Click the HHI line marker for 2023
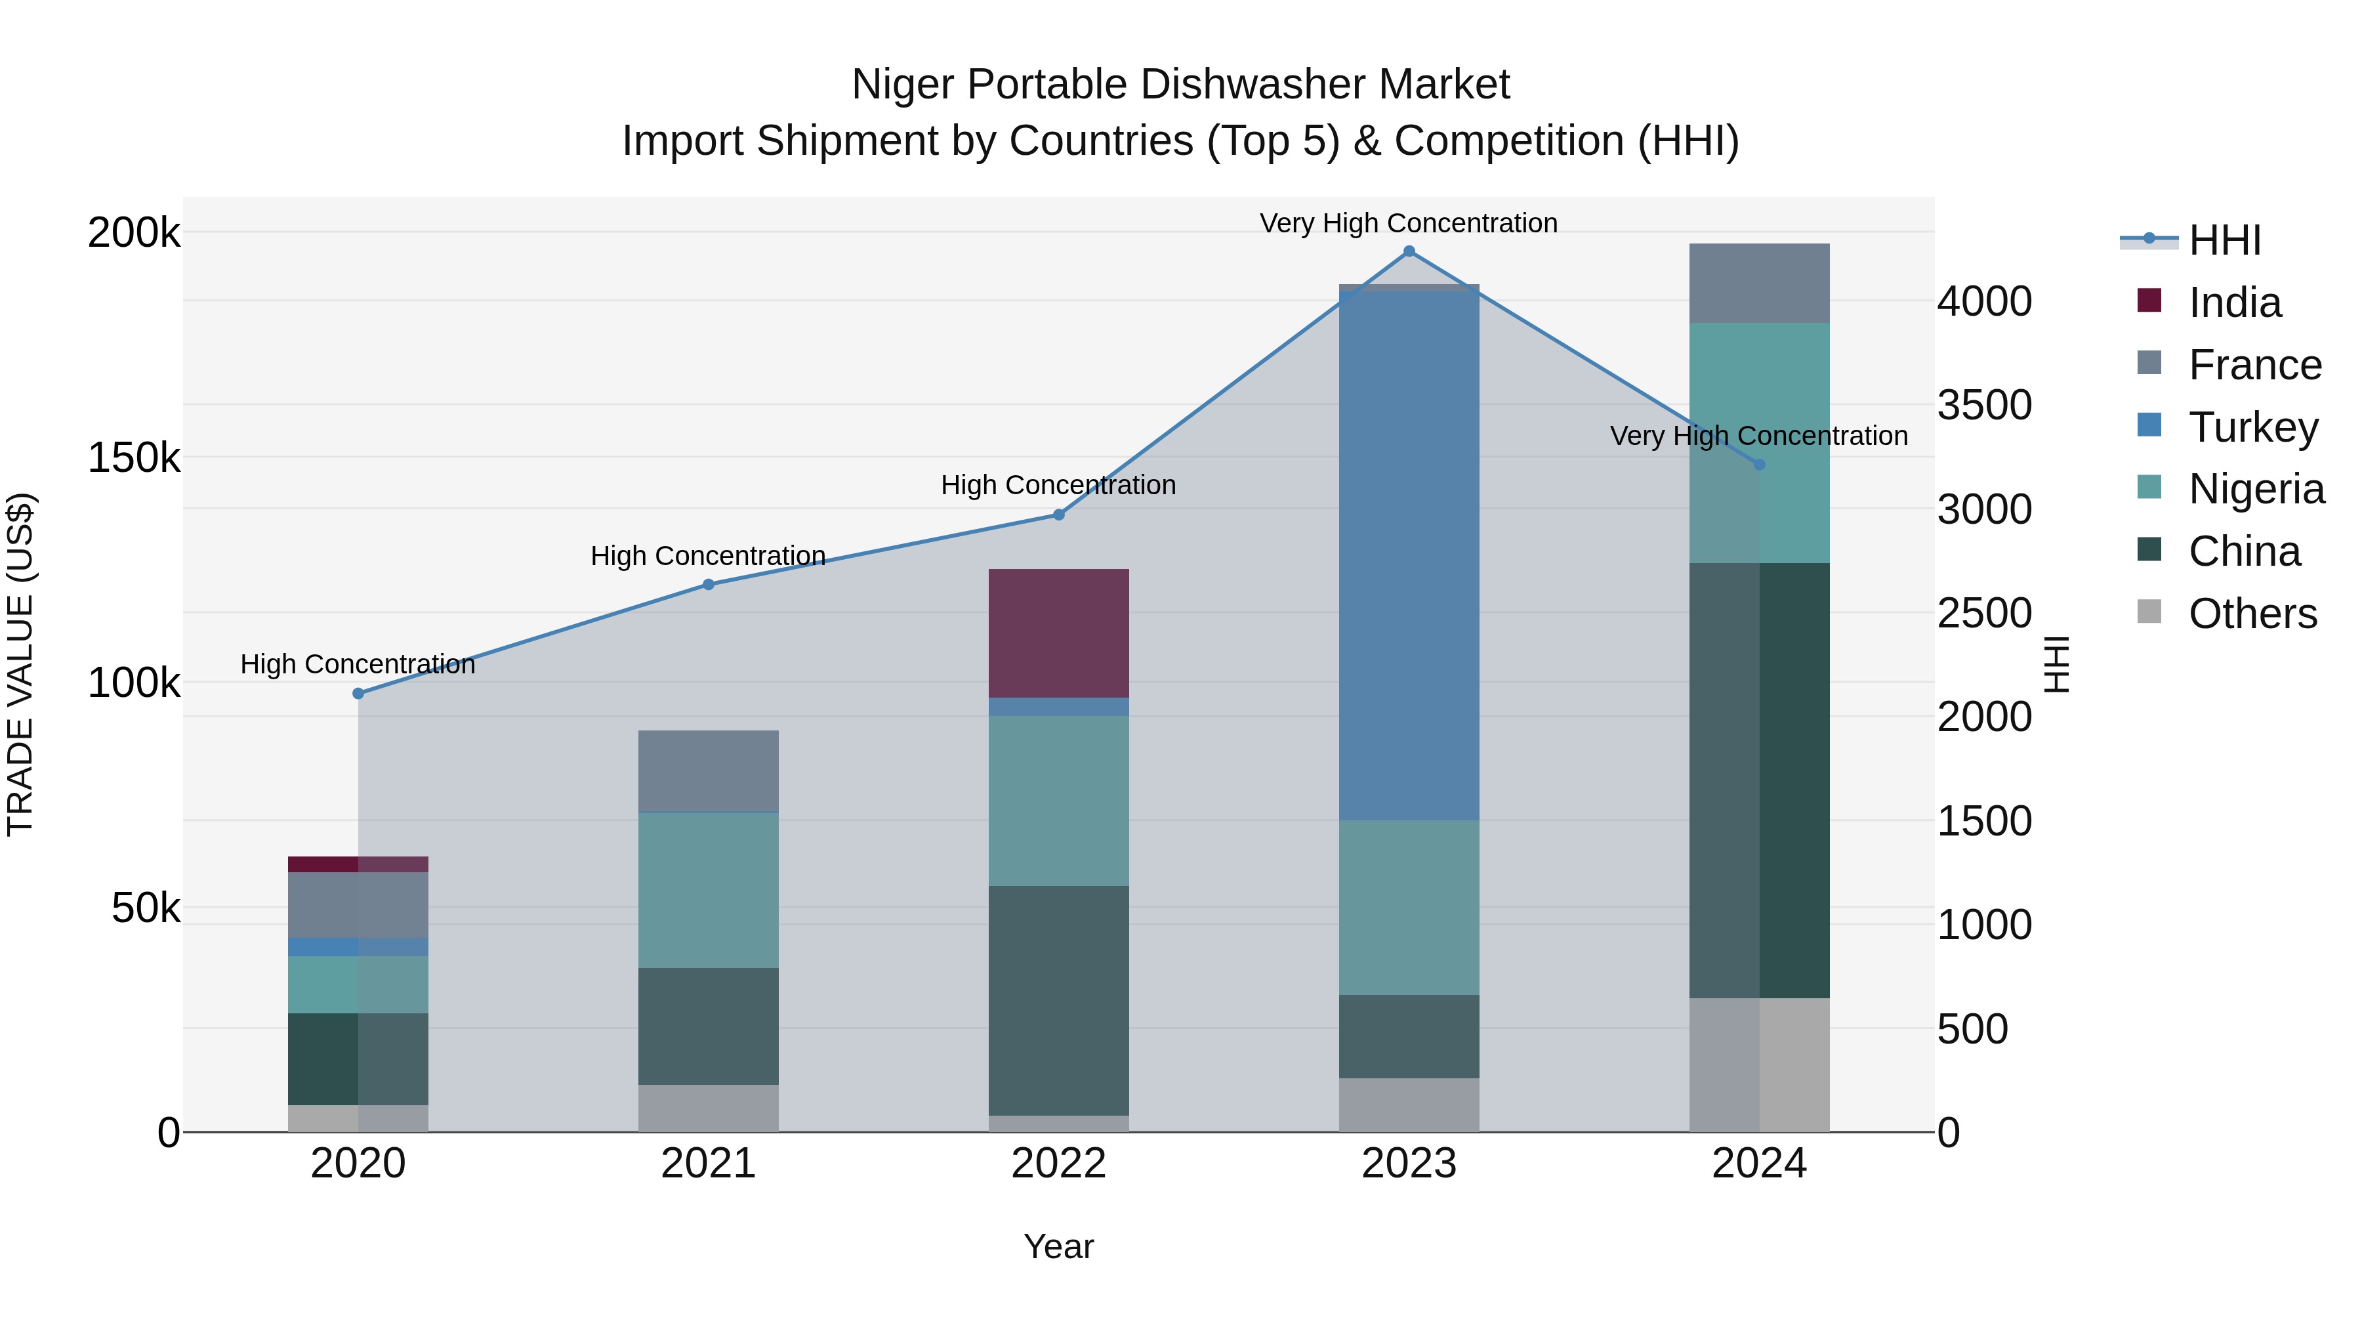click(x=1409, y=251)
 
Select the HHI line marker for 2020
click(x=358, y=694)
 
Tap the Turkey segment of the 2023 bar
click(x=1409, y=555)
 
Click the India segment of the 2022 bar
click(x=1058, y=633)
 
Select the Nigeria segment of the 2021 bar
click(x=708, y=890)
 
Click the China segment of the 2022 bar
click(x=1058, y=1000)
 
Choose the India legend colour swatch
click(x=2149, y=301)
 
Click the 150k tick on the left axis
click(x=134, y=457)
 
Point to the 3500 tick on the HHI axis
click(x=1984, y=406)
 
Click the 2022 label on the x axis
click(x=1058, y=1163)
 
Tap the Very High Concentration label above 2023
click(x=1409, y=223)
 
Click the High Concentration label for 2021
click(x=708, y=556)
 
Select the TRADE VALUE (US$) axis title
click(x=20, y=664)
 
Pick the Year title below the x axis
click(x=1058, y=1246)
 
